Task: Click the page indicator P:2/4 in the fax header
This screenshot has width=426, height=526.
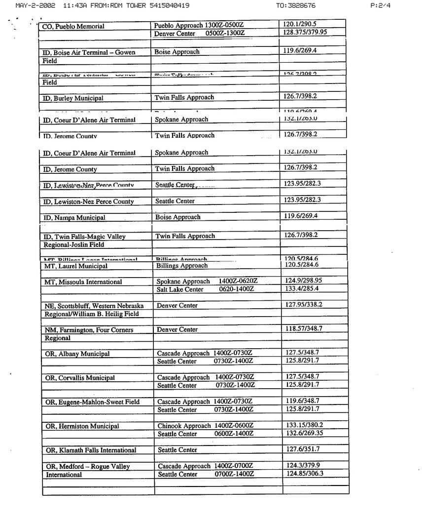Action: click(x=380, y=6)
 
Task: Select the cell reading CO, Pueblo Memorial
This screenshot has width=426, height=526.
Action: click(x=73, y=26)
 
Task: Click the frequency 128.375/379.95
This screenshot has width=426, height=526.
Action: click(x=305, y=32)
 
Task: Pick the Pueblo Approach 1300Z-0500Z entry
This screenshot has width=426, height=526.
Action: click(x=199, y=25)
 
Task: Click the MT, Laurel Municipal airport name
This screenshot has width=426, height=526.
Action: click(x=76, y=266)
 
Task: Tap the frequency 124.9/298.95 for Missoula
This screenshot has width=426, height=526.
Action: click(x=304, y=281)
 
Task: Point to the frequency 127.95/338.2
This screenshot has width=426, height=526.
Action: click(x=304, y=304)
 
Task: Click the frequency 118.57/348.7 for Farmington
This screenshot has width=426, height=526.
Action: click(x=304, y=328)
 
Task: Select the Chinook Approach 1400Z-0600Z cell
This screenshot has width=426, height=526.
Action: click(x=206, y=426)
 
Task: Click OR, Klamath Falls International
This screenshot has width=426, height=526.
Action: click(x=91, y=450)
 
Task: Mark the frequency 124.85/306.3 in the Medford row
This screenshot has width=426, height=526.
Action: click(x=305, y=474)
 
